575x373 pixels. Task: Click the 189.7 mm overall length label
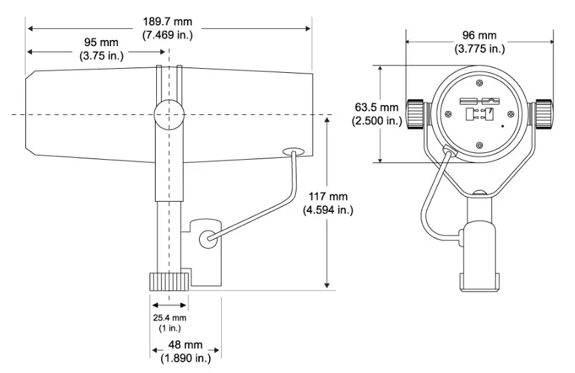click(168, 22)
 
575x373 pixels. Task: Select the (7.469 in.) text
click(168, 35)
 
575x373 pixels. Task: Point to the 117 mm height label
click(328, 197)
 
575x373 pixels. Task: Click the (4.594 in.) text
click(328, 209)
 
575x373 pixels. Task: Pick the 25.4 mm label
click(168, 317)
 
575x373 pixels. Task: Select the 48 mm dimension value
click(184, 344)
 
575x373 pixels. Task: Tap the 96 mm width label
click(479, 35)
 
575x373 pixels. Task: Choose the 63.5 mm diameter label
click(377, 108)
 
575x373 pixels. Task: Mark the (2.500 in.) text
click(377, 121)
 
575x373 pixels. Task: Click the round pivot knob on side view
click(168, 114)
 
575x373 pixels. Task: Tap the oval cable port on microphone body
click(293, 152)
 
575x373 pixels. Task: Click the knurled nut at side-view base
click(169, 281)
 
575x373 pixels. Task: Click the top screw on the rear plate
click(480, 83)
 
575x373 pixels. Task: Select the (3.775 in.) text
click(479, 48)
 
